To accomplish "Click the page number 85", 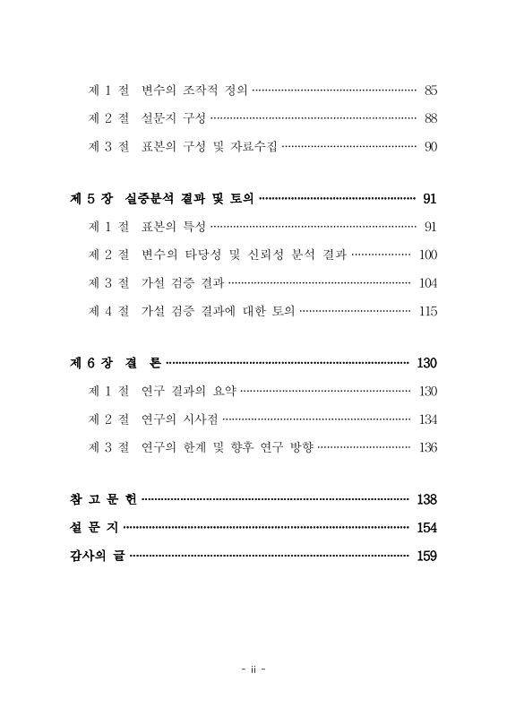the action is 430,90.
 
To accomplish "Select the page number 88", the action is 430,118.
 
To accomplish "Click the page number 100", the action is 427,255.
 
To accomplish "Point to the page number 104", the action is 427,283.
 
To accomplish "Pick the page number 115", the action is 427,312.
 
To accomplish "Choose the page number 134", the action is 427,419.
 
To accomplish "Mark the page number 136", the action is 427,447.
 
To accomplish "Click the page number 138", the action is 426,498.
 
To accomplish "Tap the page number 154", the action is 426,527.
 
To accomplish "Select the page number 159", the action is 426,556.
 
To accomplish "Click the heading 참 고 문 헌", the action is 103,498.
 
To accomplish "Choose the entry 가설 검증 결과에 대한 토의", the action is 218,312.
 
